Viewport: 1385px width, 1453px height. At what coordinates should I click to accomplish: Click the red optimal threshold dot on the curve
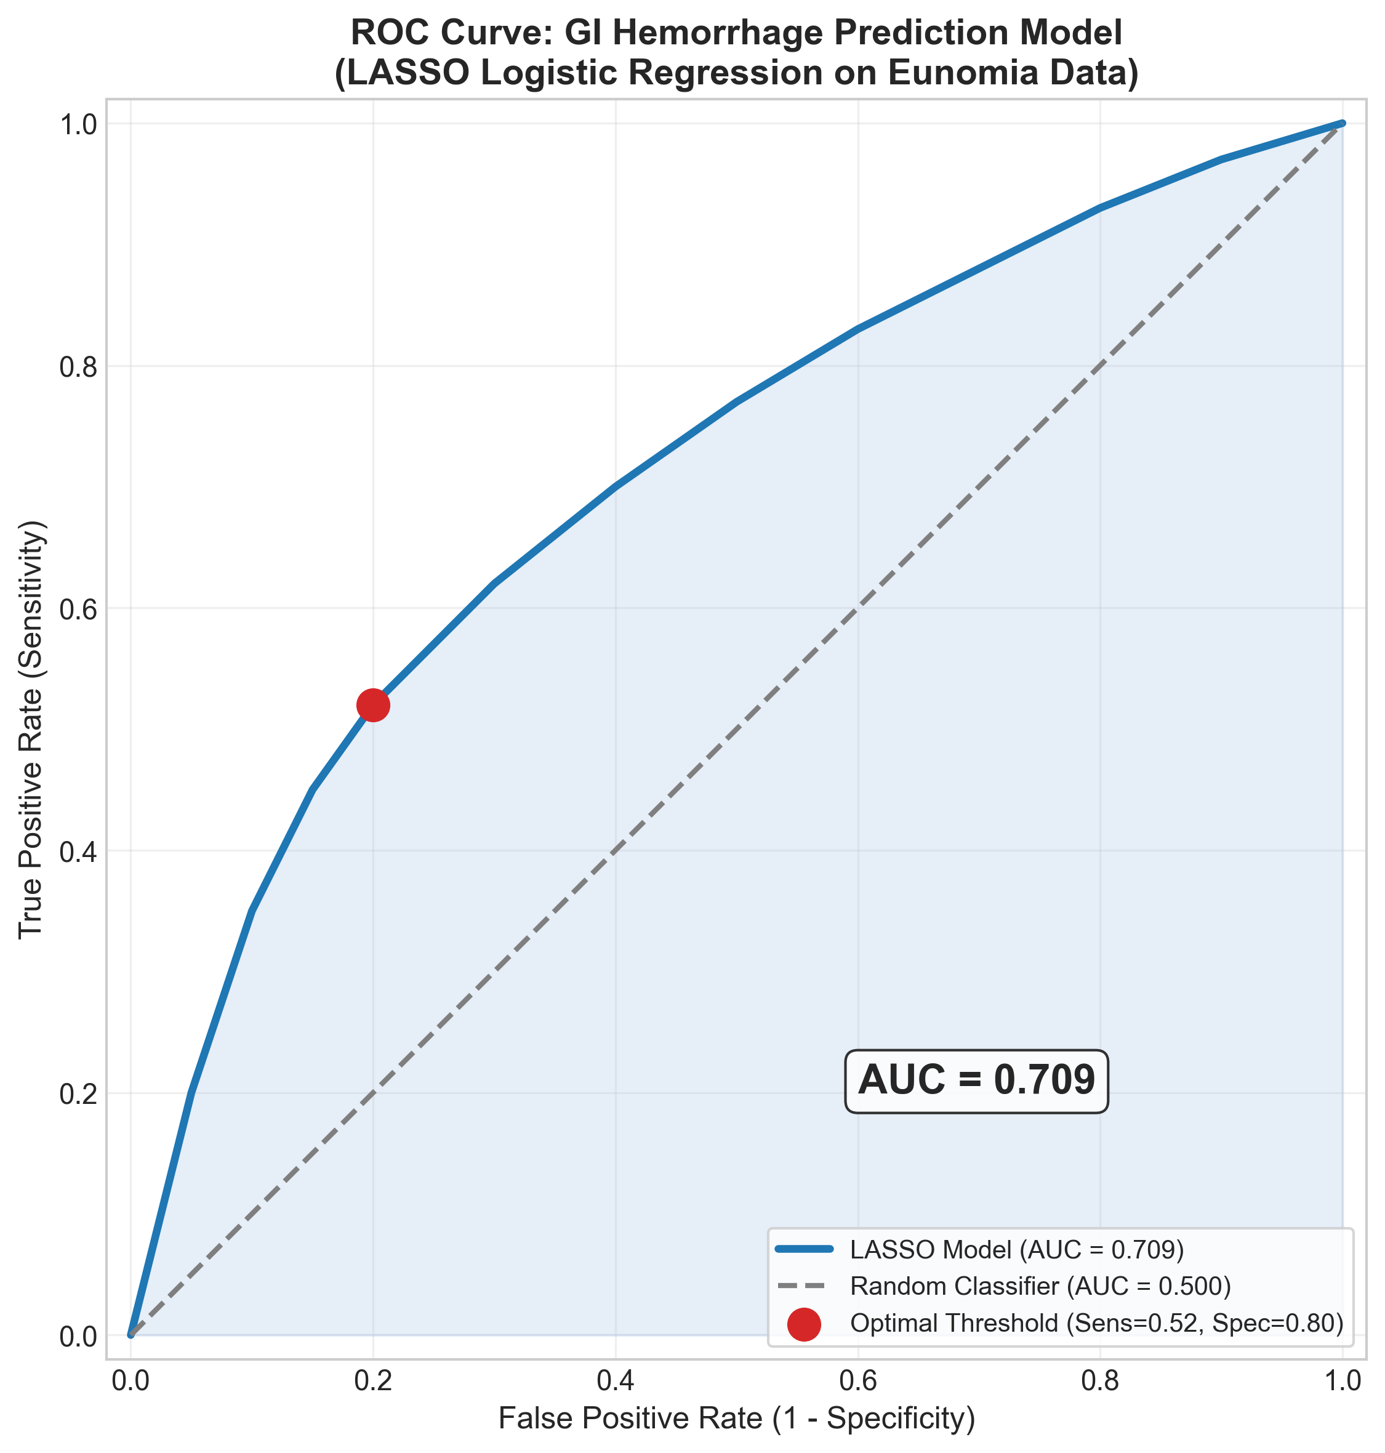[373, 705]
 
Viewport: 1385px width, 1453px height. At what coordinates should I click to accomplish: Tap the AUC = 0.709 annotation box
[976, 1081]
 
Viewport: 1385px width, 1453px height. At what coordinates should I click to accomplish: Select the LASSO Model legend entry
[1017, 1249]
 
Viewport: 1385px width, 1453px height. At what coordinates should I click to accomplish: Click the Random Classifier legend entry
[1040, 1286]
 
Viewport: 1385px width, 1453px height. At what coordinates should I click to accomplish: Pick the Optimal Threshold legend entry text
[1096, 1322]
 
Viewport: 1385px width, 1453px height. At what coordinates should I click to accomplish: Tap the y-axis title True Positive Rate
[31, 730]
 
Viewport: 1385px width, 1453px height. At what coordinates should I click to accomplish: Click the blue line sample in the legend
[805, 1249]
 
